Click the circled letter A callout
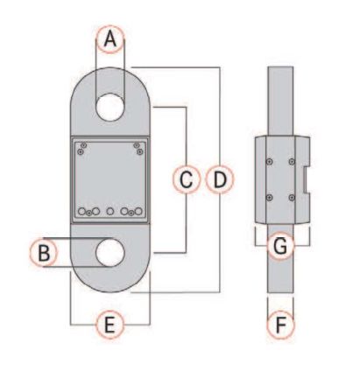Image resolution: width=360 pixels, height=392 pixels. (110, 39)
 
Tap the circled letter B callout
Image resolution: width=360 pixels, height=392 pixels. (44, 252)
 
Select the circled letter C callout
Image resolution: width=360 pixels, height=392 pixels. (187, 179)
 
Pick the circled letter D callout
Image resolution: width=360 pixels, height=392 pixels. (220, 179)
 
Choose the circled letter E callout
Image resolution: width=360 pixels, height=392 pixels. (110, 325)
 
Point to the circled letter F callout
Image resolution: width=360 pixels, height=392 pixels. (280, 325)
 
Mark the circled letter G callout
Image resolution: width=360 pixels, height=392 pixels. (280, 246)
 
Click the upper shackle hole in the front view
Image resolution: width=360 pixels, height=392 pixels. (110, 107)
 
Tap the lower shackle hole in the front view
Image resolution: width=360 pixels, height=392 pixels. (110, 252)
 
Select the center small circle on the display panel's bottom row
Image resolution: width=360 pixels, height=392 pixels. (110, 211)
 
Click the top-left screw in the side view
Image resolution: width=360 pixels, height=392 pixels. (270, 161)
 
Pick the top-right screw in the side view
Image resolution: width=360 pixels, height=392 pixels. (292, 161)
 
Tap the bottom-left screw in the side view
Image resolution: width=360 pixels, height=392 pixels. (270, 198)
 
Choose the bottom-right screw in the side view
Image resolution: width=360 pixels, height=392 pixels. (292, 198)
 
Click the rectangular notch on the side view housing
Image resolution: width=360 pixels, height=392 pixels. (307, 180)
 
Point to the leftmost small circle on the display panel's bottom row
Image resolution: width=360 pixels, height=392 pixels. (82, 211)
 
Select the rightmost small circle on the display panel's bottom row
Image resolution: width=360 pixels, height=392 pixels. (138, 211)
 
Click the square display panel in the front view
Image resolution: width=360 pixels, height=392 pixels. (110, 180)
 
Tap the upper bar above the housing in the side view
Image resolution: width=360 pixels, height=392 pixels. (280, 101)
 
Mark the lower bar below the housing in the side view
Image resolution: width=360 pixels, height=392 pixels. (280, 258)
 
